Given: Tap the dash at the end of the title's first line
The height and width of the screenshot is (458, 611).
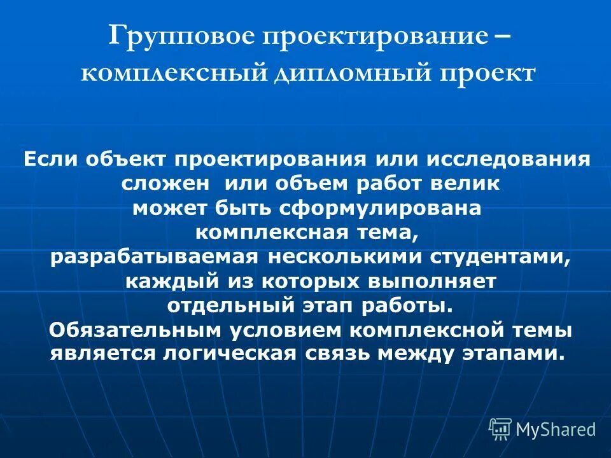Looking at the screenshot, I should (501, 36).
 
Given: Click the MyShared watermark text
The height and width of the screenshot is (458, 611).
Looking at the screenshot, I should (556, 429).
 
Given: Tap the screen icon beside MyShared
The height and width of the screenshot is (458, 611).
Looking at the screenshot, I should (500, 429).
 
